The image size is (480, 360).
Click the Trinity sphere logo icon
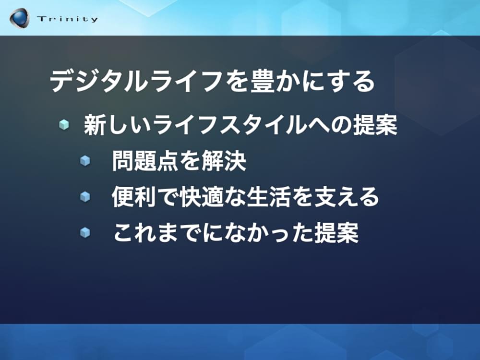coord(19,18)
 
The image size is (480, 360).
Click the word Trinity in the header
coord(67,19)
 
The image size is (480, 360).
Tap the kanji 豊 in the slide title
coord(262,81)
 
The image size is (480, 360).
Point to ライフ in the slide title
coord(189,82)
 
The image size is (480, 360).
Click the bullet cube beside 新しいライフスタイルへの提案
coord(64,125)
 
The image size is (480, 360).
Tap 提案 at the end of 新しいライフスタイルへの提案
coord(375,125)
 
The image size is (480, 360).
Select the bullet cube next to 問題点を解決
coord(85,161)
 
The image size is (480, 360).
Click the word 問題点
coord(145,161)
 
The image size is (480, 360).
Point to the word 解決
coord(224,161)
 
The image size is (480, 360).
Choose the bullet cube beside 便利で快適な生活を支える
coord(85,196)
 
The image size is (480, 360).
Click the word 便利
coord(134,196)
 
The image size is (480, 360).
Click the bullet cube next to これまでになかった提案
coord(85,232)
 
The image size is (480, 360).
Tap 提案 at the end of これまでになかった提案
coord(336,233)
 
